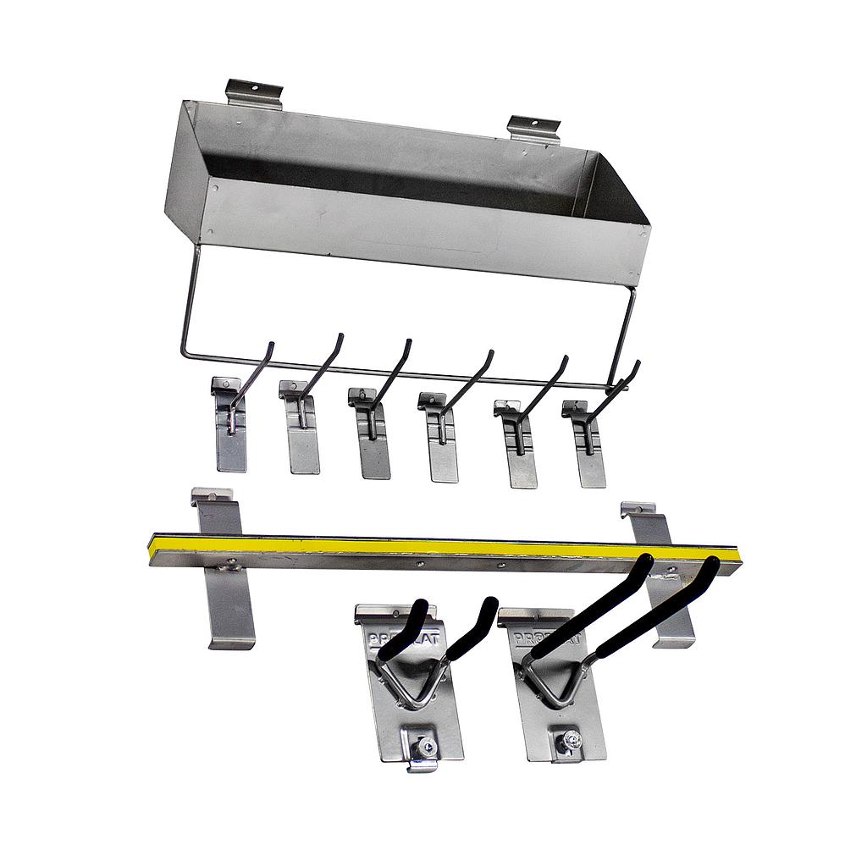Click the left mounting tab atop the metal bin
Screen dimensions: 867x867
(x=253, y=91)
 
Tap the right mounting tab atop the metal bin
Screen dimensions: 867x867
(x=533, y=128)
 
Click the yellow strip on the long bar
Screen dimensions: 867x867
(x=423, y=548)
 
